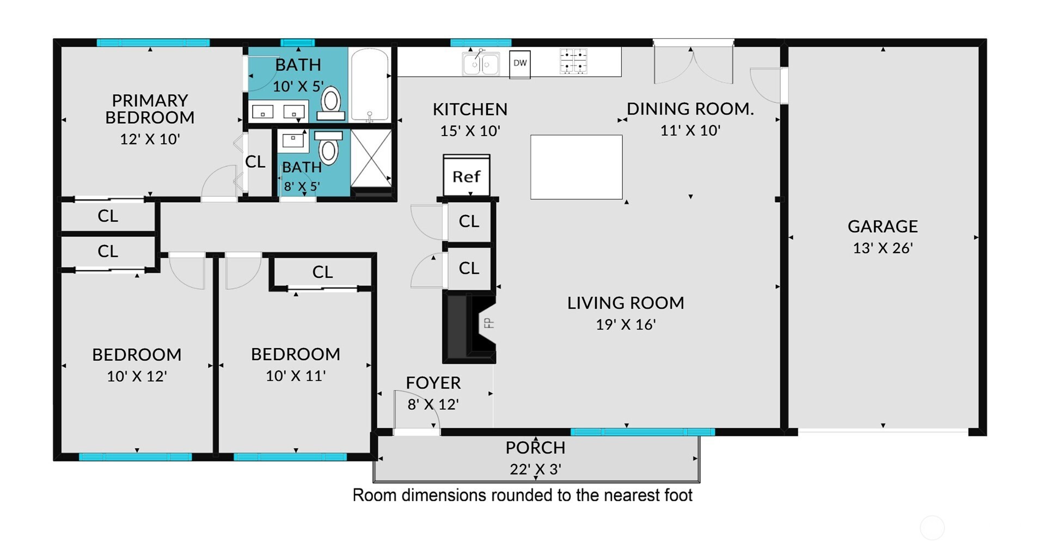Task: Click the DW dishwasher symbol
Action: [520, 64]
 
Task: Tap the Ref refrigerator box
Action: [467, 175]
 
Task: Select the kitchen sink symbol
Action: [481, 63]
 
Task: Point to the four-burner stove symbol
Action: [573, 61]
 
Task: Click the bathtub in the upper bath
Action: [370, 84]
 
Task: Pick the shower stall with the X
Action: [371, 158]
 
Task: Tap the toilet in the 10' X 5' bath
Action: [331, 104]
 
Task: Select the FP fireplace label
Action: [489, 323]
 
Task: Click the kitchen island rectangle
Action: [577, 167]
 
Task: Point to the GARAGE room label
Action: [883, 226]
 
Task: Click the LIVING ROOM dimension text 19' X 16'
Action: [626, 325]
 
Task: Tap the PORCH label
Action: [536, 448]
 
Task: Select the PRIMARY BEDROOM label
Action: [150, 109]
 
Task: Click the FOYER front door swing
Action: [417, 411]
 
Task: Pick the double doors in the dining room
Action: [693, 62]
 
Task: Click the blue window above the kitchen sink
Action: [481, 42]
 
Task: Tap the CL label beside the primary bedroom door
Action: [255, 162]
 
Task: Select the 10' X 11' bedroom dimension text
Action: [296, 376]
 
